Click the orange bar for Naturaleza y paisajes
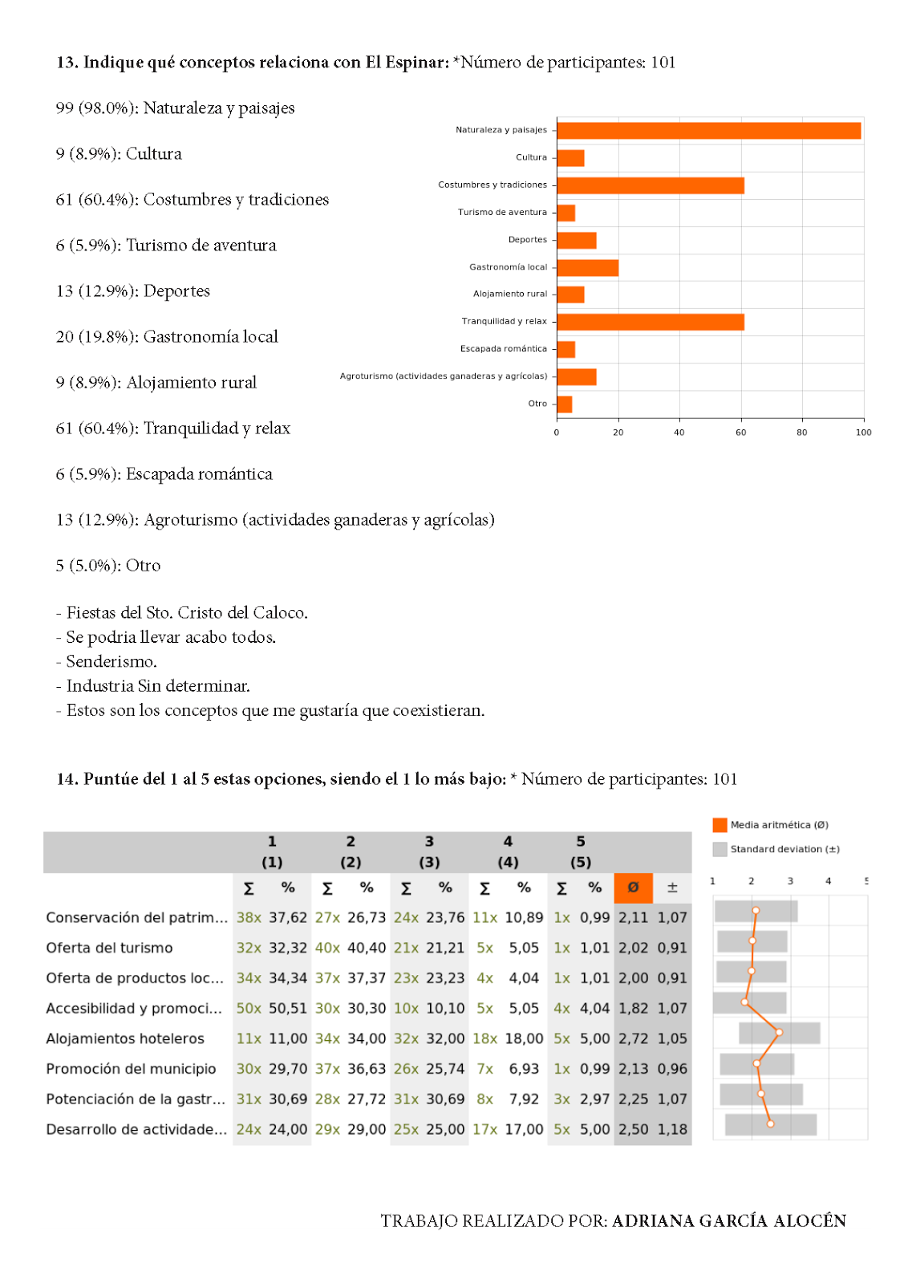point(709,131)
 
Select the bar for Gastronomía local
point(588,268)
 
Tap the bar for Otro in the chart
point(565,404)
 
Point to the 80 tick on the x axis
point(802,433)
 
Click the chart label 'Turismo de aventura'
point(502,213)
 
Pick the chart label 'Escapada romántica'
point(504,349)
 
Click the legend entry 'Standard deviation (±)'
point(784,849)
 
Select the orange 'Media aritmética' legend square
point(720,825)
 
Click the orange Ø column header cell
point(633,888)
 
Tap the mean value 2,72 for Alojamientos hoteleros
point(633,1038)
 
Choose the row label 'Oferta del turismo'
point(109,948)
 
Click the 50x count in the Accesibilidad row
point(249,1008)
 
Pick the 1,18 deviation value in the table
point(672,1129)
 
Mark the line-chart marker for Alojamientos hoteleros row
point(779,1032)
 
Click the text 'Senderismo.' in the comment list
point(111,662)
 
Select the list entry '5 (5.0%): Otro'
point(108,566)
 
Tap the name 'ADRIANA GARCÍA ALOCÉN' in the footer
point(729,1221)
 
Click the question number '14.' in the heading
point(67,779)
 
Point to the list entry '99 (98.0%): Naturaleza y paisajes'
point(175,108)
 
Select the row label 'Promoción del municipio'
point(131,1069)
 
